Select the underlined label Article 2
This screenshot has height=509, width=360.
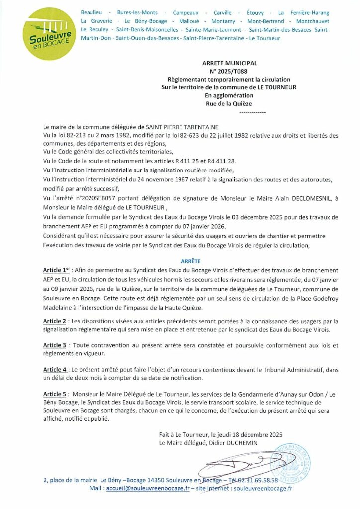point(55,321)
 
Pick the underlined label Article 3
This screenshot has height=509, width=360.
point(55,345)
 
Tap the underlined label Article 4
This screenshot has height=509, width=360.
point(55,370)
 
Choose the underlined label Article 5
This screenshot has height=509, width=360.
point(55,394)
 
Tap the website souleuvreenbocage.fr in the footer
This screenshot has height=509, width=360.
point(262,489)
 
